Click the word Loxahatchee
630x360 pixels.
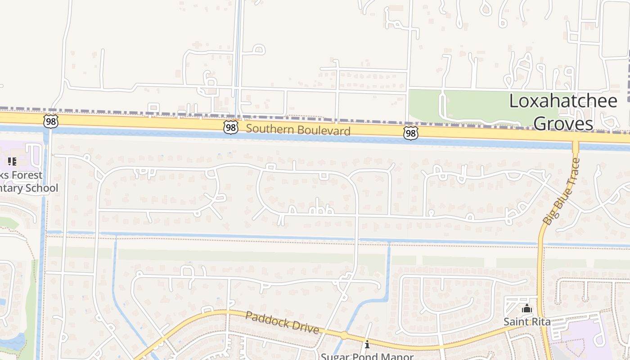(x=563, y=101)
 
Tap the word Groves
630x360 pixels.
(x=563, y=123)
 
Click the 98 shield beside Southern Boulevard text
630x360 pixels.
(x=230, y=127)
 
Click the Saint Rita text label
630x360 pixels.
(x=526, y=322)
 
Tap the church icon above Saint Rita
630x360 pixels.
(x=526, y=309)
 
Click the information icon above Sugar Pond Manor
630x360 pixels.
(x=367, y=345)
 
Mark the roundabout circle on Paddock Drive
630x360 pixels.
(x=344, y=335)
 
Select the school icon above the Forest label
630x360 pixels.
(x=12, y=161)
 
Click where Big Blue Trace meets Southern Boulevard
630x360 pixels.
(x=575, y=139)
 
